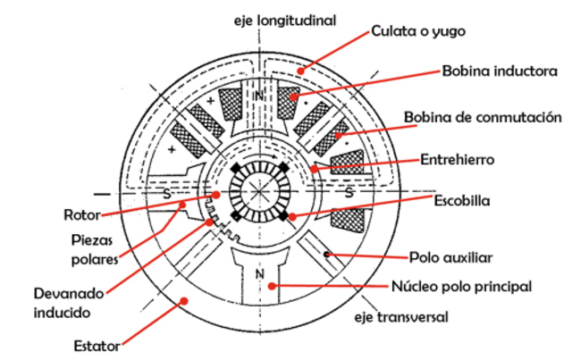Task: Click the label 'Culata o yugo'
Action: click(417, 31)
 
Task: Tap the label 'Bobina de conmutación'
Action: click(483, 118)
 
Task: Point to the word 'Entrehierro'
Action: click(458, 161)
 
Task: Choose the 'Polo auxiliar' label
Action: click(450, 257)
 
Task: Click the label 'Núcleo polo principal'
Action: click(462, 287)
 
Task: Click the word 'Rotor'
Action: click(81, 215)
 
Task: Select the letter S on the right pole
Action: click(348, 191)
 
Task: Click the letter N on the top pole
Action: click(258, 95)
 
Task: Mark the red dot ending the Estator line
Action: click(185, 301)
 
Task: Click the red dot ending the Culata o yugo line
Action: click(301, 69)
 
